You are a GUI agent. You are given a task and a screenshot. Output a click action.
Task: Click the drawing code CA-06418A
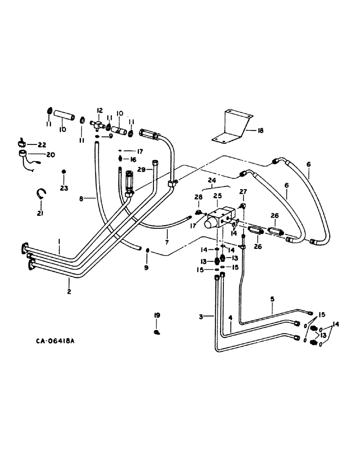[x=55, y=341]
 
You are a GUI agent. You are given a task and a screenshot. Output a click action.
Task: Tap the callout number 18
[x=260, y=131]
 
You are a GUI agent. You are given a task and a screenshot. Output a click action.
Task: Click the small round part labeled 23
[x=64, y=172]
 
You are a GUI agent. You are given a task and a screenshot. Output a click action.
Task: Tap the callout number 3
[x=201, y=317]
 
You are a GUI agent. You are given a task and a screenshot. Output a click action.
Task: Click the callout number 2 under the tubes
[x=69, y=292]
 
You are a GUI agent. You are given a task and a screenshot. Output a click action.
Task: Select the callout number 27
[x=242, y=192]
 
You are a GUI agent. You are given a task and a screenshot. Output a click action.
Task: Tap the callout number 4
[x=230, y=318]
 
